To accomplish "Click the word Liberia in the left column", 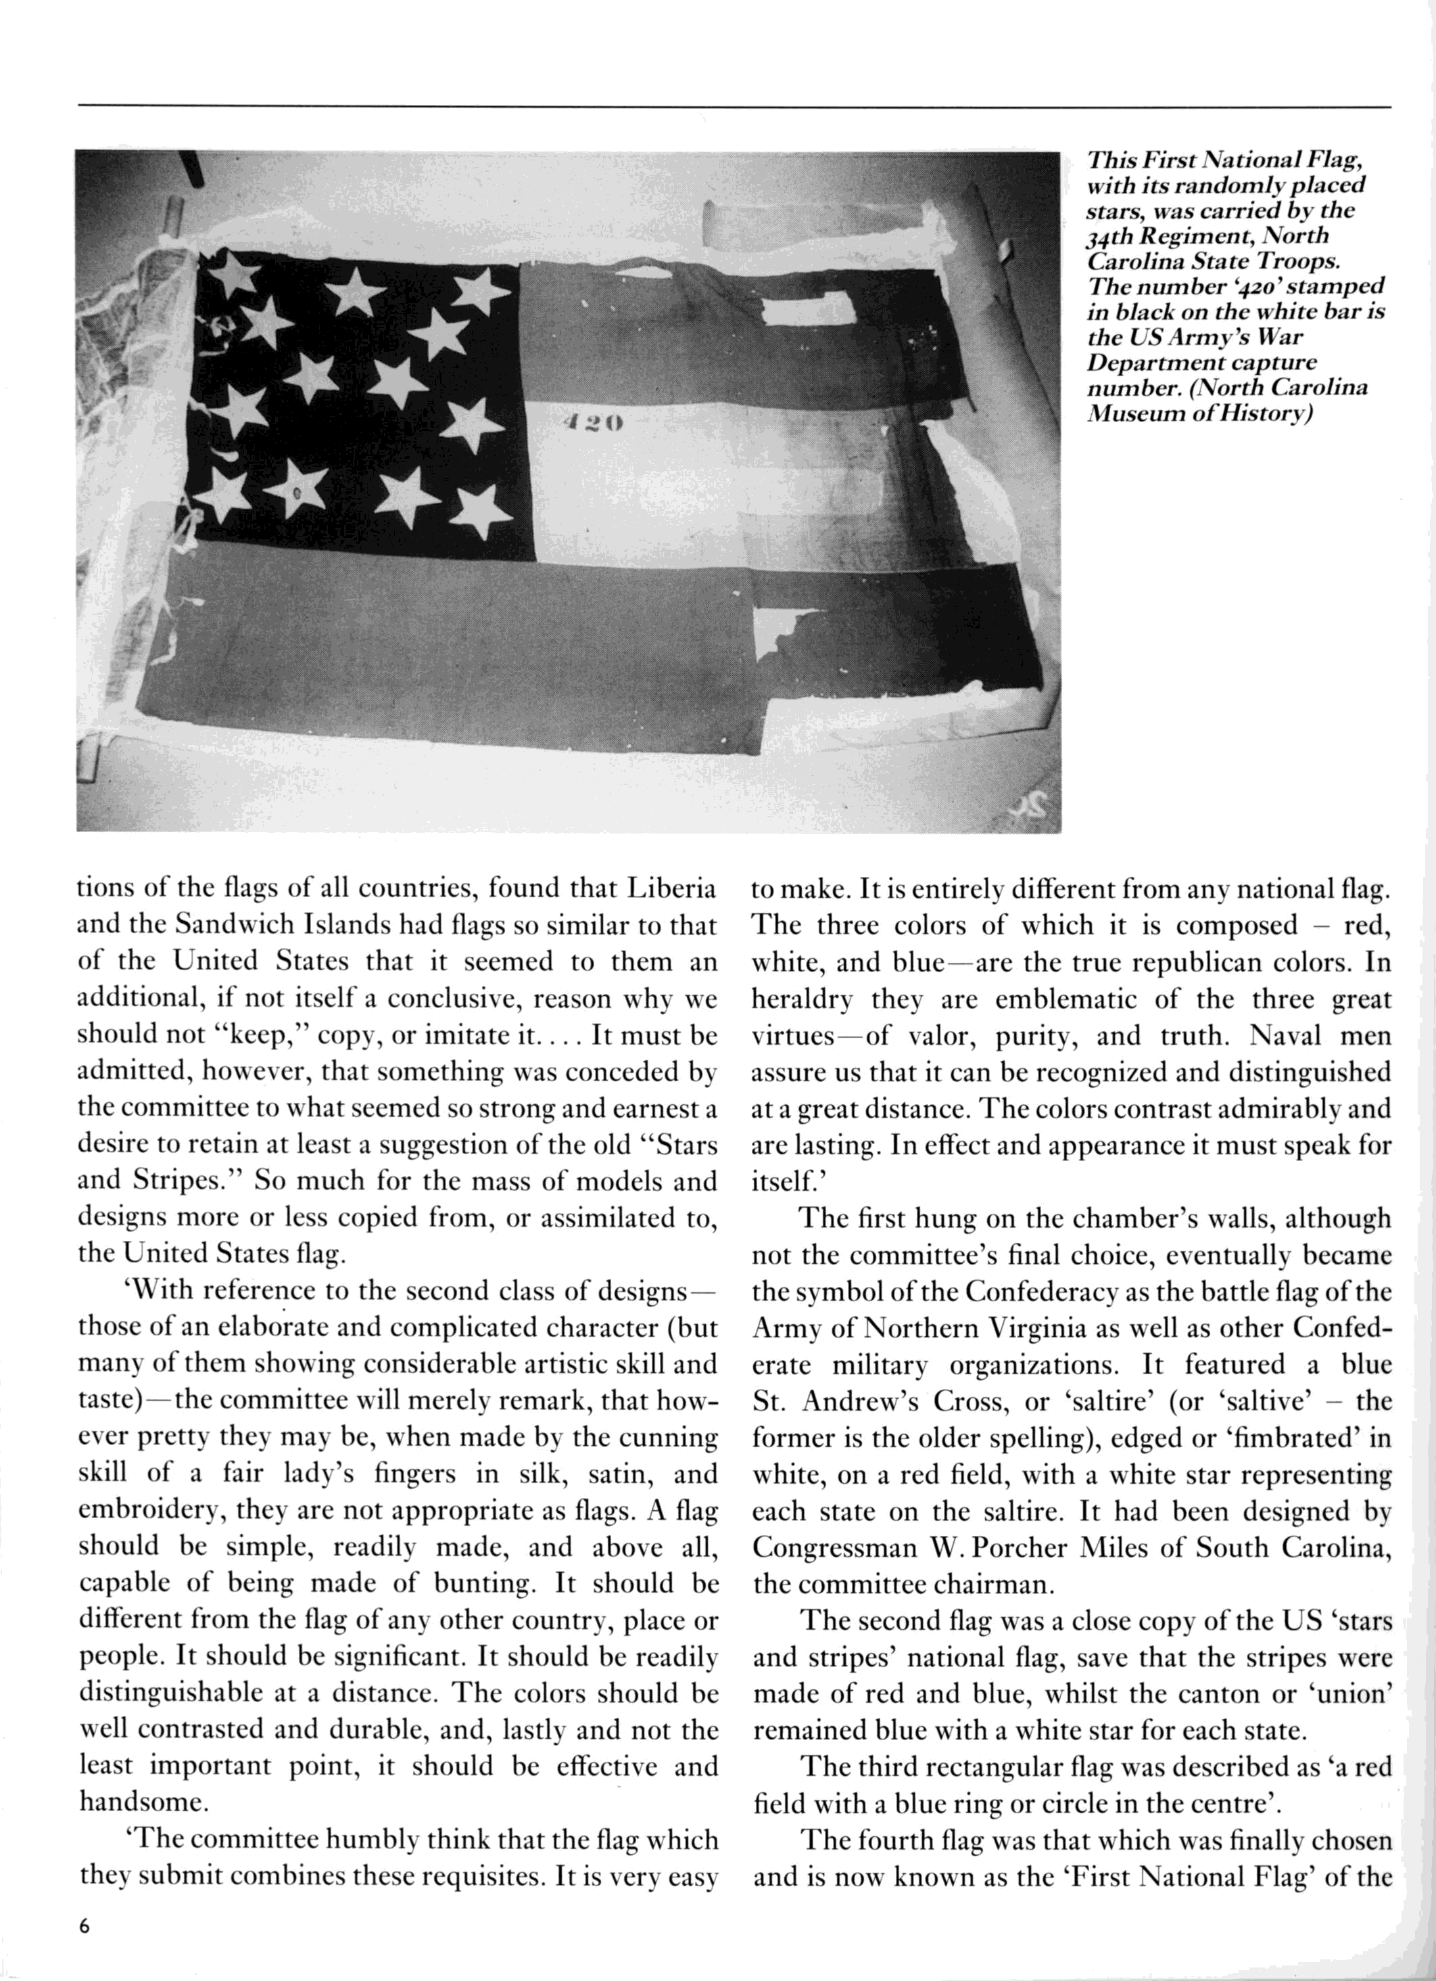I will click(x=671, y=888).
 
